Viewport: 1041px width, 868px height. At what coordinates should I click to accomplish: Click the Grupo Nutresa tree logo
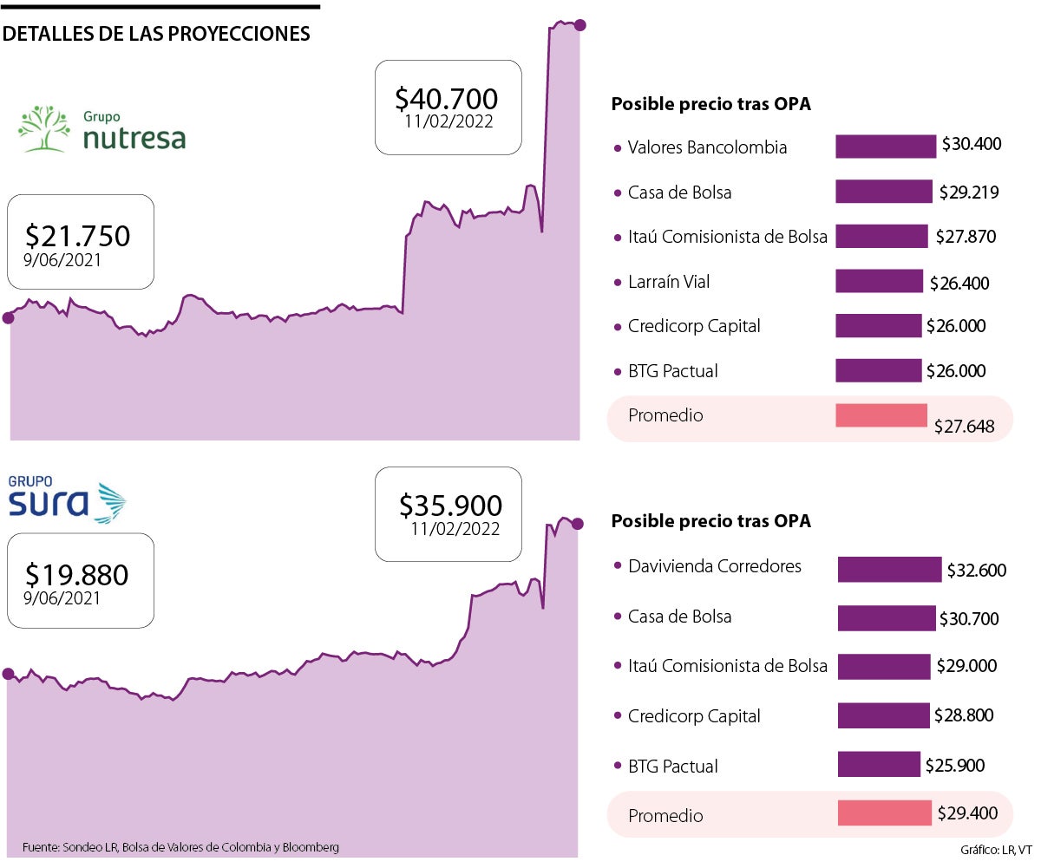(x=44, y=128)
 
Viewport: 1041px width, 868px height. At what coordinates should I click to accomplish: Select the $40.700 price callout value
(x=446, y=97)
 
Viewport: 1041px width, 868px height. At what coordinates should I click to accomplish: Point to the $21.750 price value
(x=78, y=235)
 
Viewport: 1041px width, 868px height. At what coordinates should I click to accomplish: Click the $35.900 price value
(x=450, y=505)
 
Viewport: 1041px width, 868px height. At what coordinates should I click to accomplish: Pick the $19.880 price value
(x=77, y=575)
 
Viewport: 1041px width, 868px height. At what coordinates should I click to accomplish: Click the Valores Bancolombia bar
(x=886, y=147)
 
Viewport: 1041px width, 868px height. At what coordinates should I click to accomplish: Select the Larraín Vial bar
(x=879, y=281)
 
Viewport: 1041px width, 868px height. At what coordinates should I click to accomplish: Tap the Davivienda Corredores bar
(x=889, y=569)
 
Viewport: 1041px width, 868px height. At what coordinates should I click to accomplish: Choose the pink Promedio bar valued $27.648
(x=881, y=415)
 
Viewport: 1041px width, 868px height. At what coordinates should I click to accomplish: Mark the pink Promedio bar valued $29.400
(x=884, y=813)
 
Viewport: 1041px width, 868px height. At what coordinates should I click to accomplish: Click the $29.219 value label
(x=969, y=193)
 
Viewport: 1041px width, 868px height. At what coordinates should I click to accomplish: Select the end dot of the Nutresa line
(x=579, y=25)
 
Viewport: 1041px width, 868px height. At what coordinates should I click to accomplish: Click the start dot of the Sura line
(x=8, y=674)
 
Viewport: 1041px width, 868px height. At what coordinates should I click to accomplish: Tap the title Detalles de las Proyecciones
(x=157, y=34)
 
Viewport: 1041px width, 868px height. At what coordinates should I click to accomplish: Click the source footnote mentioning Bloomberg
(x=180, y=847)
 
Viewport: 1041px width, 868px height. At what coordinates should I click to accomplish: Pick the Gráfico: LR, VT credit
(x=996, y=848)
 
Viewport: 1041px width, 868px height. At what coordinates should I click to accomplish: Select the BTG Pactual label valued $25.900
(x=672, y=766)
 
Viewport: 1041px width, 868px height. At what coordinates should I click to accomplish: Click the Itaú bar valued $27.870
(x=881, y=236)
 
